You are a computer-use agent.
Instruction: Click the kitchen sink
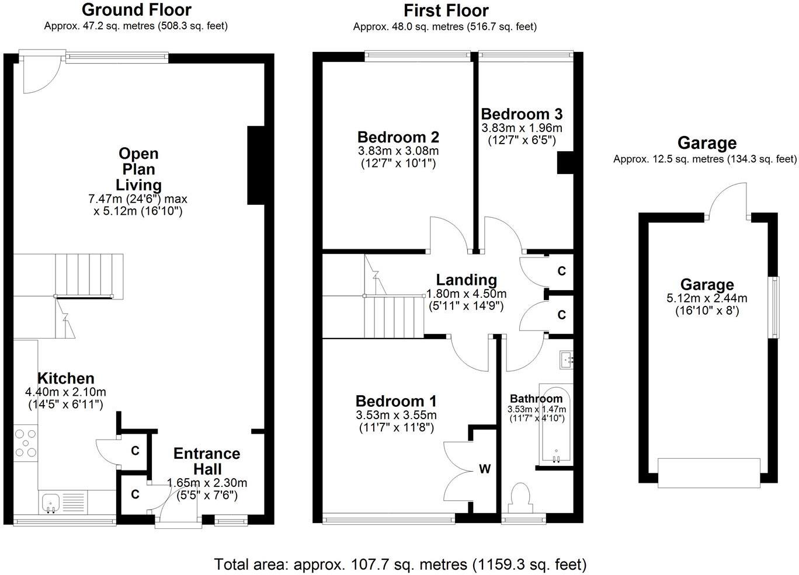51,501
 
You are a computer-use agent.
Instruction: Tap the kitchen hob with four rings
26,442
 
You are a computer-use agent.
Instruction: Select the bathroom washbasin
566,360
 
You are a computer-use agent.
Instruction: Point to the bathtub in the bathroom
555,426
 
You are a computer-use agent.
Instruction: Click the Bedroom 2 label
398,138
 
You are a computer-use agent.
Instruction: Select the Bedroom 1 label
396,402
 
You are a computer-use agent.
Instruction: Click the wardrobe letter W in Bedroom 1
484,469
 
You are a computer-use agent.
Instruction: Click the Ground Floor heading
136,10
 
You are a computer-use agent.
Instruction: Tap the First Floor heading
446,11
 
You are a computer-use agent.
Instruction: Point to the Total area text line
400,564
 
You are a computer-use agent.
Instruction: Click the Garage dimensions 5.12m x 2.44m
707,298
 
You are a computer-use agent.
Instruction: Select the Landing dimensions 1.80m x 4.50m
466,294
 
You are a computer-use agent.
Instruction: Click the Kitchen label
65,378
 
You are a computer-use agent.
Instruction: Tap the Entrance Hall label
207,461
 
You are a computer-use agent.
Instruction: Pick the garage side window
776,306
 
